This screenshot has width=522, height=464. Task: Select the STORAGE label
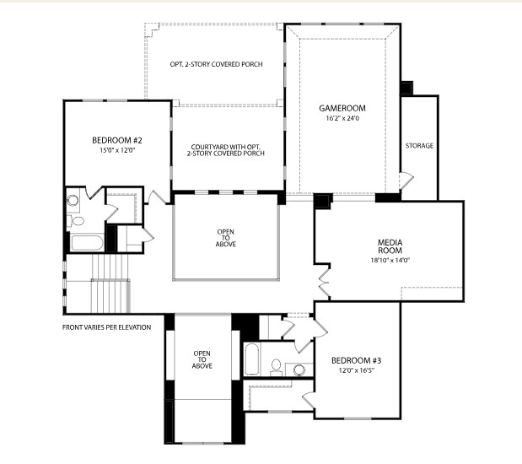point(419,146)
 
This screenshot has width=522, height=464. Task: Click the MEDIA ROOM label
point(389,246)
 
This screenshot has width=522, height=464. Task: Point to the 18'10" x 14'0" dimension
point(389,261)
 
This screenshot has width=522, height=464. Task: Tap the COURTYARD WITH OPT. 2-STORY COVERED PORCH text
point(228,149)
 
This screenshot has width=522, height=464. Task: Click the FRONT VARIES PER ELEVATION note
point(106,327)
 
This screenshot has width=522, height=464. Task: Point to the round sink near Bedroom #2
point(73,201)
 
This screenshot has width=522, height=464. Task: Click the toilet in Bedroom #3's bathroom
point(276,366)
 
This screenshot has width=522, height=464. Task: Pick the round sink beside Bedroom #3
point(298,369)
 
